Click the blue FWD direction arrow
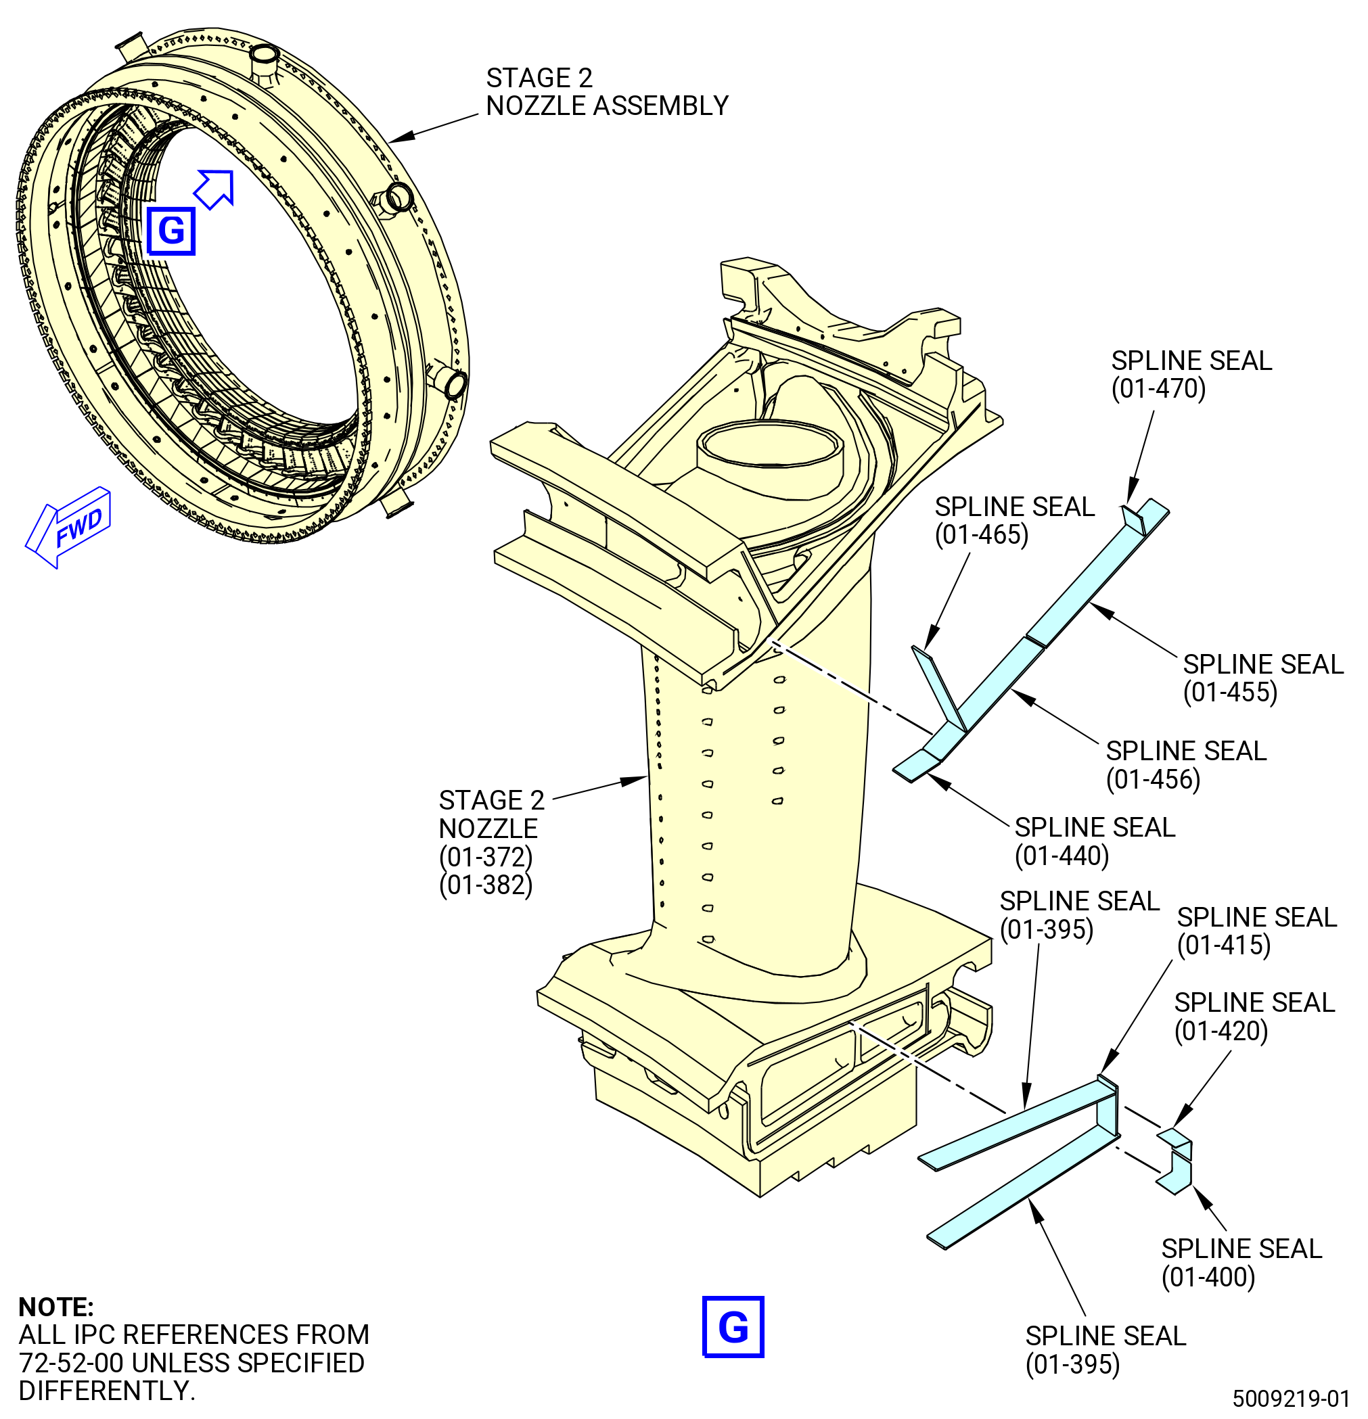(68, 527)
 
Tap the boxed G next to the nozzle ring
(171, 231)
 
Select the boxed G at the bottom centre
(733, 1326)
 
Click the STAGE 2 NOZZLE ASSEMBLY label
(607, 92)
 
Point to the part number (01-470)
(1158, 389)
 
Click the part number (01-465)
(981, 535)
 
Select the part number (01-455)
(1230, 692)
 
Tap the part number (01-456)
(1153, 779)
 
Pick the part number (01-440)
(1062, 856)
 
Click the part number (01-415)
(1224, 946)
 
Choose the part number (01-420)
(1221, 1031)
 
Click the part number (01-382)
(486, 885)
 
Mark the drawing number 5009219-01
(1292, 1398)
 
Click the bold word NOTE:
(55, 1307)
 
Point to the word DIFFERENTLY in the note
(106, 1391)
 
